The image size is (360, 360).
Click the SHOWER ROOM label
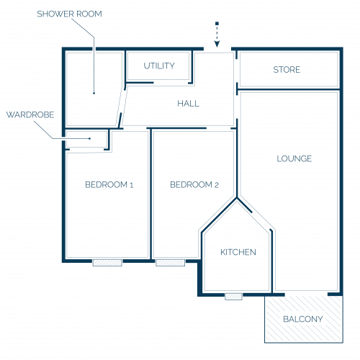[69, 14]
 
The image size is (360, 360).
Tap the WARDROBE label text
[30, 114]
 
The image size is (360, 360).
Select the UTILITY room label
[159, 66]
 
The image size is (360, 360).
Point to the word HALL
[189, 104]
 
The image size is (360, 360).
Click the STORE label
[287, 70]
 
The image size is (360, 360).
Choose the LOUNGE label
[294, 158]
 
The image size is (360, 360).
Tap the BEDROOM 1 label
[109, 185]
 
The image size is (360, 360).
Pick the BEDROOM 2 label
[194, 185]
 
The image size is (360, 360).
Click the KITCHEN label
[238, 252]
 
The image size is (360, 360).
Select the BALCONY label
[303, 319]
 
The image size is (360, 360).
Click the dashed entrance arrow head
[217, 44]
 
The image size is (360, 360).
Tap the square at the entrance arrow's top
[217, 24]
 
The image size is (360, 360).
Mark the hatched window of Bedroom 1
[107, 263]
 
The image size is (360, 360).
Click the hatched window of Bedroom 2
[170, 263]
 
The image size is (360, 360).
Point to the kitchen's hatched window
[233, 297]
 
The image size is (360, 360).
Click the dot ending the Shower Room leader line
[94, 93]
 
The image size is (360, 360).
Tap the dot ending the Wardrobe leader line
[89, 138]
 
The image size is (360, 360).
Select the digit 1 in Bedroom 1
[131, 185]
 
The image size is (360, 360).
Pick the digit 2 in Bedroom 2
[217, 185]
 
